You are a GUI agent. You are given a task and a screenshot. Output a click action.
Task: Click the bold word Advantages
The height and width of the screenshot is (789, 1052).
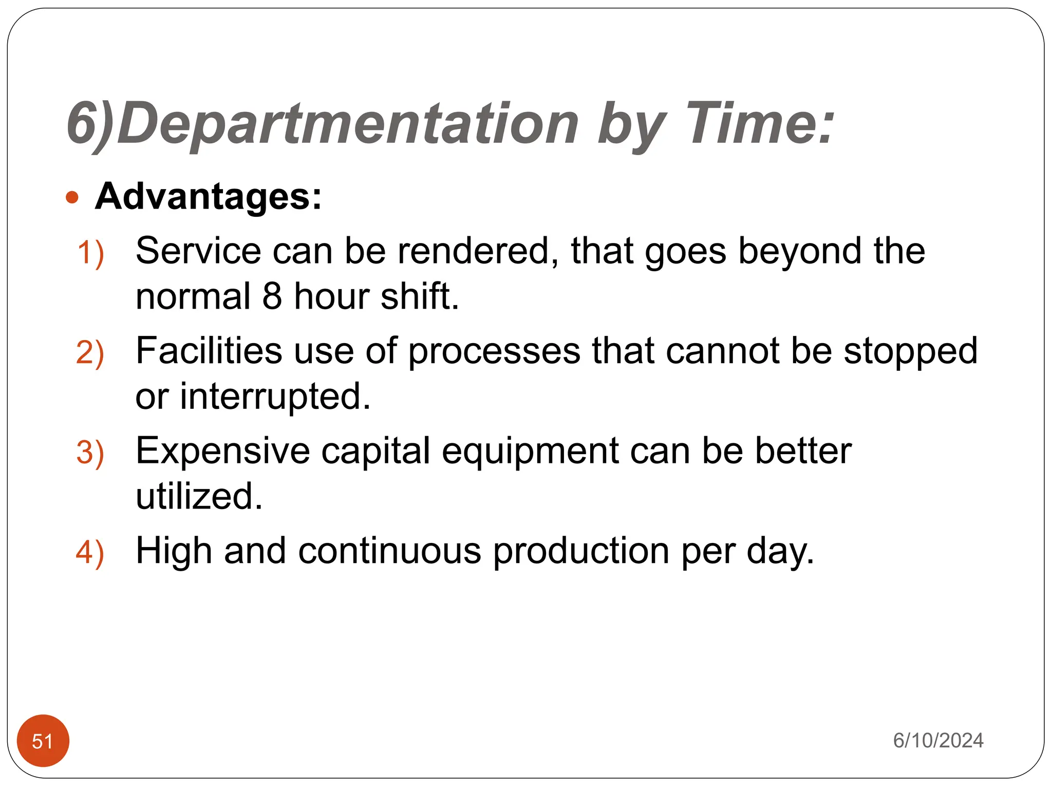point(208,197)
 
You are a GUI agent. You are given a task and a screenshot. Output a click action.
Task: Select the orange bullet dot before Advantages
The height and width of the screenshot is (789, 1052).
point(72,198)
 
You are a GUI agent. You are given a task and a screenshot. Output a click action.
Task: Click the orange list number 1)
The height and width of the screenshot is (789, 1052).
point(90,253)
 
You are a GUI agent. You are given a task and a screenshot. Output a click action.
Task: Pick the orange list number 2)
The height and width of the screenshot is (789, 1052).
point(90,353)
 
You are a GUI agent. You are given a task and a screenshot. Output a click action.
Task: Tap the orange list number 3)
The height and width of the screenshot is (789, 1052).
point(90,453)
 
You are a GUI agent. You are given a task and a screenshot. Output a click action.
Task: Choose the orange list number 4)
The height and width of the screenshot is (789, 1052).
point(90,553)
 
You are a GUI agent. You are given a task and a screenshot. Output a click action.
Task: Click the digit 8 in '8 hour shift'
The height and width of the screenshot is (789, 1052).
point(272,296)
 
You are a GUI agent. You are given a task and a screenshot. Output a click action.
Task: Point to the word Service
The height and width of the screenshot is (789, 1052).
point(198,251)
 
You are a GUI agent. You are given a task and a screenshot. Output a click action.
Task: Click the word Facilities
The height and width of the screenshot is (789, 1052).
point(209,351)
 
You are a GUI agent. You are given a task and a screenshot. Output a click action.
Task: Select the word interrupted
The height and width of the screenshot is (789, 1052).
point(275,397)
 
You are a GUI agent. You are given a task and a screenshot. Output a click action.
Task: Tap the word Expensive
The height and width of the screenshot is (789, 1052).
point(223,451)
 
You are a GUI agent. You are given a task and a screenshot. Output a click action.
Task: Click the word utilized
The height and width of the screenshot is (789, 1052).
point(199,496)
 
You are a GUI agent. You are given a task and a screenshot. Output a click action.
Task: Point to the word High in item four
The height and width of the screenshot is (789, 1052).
point(174,551)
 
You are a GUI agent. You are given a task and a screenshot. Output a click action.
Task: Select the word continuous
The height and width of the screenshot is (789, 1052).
point(390,551)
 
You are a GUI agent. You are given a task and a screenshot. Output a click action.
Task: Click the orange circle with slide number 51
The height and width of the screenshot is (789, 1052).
point(43,741)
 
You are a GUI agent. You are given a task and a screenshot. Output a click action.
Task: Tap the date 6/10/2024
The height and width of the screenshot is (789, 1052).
point(938,740)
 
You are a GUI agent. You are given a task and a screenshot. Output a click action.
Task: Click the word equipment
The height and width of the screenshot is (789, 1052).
point(530,451)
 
